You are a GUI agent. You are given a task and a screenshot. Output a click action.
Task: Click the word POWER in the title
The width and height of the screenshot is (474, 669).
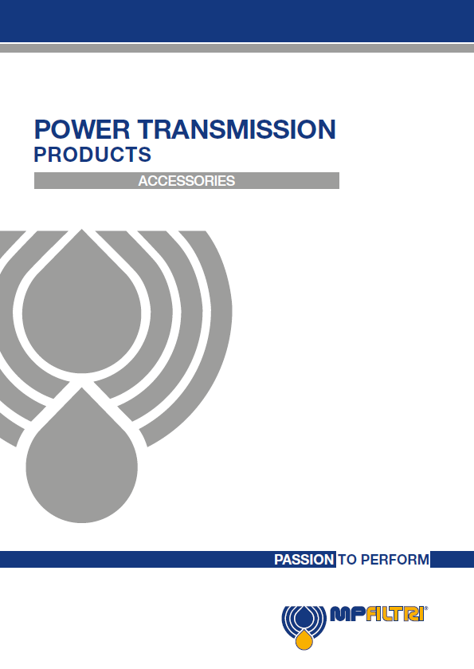(x=82, y=129)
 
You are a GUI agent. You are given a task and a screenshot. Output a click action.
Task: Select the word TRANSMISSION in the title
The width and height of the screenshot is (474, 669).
(x=237, y=129)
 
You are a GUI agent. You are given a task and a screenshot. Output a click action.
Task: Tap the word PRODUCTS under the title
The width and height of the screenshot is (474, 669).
(x=92, y=155)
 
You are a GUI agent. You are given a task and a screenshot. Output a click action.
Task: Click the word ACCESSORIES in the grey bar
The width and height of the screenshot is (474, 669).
(x=186, y=181)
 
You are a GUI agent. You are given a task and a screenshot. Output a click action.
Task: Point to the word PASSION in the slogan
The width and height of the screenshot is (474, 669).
(x=304, y=559)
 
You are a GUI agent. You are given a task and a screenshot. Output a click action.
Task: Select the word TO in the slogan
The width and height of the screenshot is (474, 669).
(x=347, y=559)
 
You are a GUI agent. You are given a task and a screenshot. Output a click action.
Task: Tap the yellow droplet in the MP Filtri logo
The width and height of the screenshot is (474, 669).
(x=304, y=640)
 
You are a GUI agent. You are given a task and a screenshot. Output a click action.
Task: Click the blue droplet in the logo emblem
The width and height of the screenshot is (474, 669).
(x=304, y=616)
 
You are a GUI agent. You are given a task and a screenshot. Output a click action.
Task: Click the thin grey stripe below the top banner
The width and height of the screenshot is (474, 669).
(x=237, y=48)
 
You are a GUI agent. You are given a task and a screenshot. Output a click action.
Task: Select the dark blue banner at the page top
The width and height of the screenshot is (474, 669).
(x=237, y=21)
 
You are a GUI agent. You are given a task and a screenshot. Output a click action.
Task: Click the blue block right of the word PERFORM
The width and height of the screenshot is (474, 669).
(x=452, y=559)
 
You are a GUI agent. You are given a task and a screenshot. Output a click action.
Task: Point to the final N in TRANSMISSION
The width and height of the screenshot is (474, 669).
(x=327, y=129)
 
